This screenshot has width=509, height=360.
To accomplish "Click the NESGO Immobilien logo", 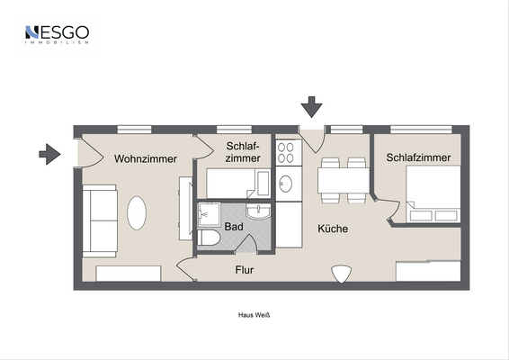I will pos(57,36).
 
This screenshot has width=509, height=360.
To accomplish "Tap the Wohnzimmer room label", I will pos(145,159).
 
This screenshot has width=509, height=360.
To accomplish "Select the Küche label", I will pos(332,229).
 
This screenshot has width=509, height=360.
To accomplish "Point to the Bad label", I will pos(234,228).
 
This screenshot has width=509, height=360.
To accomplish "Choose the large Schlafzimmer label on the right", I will pos(418,157).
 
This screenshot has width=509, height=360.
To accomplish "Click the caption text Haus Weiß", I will pos(254,316).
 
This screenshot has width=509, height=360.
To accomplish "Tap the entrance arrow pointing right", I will pos(49,155).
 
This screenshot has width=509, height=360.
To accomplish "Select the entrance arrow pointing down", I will pos(311,107).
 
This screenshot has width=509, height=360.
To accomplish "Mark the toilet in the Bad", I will pos(208,238).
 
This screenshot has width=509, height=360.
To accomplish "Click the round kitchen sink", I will pos(287,184).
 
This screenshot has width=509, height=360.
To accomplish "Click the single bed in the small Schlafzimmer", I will pos(237,184).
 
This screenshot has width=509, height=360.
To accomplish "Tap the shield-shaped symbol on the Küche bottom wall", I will pos(343,274).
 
